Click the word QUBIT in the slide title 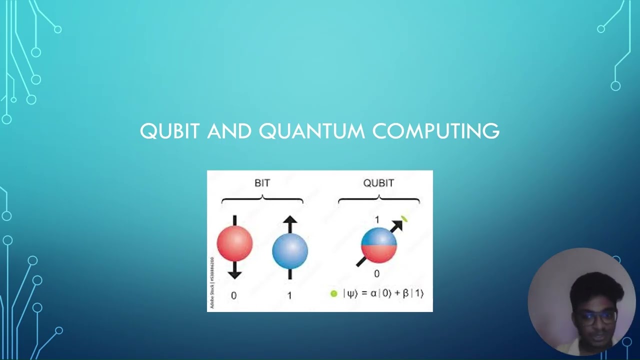coord(170,131)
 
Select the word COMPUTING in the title coord(436,131)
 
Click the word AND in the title coord(229,131)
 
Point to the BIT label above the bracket coord(262,183)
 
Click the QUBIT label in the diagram coord(378,183)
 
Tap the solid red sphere coord(234,243)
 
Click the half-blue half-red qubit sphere coord(378,245)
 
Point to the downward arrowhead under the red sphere coord(234,273)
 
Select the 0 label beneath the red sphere coord(233,295)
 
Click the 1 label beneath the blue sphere coord(289,295)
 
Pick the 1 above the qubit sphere coord(376,220)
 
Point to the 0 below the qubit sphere coord(376,273)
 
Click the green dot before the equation coord(334,293)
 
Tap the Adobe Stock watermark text coord(212,282)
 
